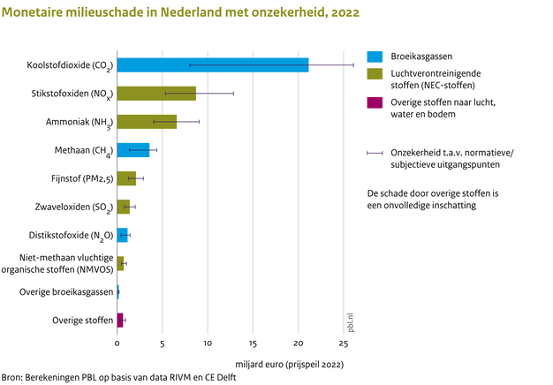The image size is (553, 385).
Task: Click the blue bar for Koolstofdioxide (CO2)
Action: pos(212,64)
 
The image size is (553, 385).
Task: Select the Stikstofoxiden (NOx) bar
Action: pos(155,93)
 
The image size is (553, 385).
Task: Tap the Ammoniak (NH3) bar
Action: pos(147,122)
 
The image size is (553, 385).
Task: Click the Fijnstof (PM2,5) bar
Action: pos(126,178)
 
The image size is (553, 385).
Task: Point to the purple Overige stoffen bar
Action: pos(120,319)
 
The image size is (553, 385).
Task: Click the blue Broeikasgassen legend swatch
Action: pos(375,56)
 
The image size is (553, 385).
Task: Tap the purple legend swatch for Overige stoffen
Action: pos(375,103)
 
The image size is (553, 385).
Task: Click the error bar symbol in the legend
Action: pos(375,153)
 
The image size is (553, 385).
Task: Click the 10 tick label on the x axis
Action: pos(208,343)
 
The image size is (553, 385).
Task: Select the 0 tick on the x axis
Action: pos(117,343)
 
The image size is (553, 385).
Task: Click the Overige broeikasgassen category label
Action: pos(66,291)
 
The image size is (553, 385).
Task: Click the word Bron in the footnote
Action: pos(12,377)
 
